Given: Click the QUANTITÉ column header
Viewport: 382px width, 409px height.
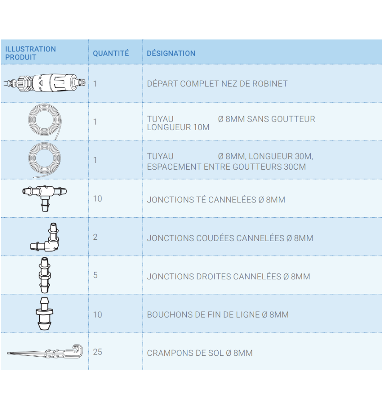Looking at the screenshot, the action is click(111, 53).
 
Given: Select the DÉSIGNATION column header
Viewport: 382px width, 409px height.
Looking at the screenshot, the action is click(171, 53).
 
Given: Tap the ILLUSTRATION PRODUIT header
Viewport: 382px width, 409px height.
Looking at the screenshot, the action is click(31, 53).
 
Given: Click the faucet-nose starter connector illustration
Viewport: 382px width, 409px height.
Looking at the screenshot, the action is click(45, 83).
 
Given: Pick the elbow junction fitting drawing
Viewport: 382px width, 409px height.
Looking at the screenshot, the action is click(45, 237).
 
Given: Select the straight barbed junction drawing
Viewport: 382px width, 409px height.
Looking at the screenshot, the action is click(45, 275).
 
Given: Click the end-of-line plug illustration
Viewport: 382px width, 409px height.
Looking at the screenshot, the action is click(44, 314).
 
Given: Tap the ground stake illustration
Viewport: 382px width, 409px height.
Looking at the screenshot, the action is click(45, 352).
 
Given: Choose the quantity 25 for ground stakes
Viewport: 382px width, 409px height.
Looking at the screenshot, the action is click(98, 352).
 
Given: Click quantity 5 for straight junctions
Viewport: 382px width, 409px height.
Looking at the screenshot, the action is click(95, 275).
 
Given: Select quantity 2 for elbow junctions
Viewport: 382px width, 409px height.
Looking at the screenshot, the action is click(95, 237).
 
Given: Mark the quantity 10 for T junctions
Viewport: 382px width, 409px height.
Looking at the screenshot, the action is click(98, 199).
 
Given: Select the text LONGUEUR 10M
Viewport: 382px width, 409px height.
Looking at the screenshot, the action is click(178, 127).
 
